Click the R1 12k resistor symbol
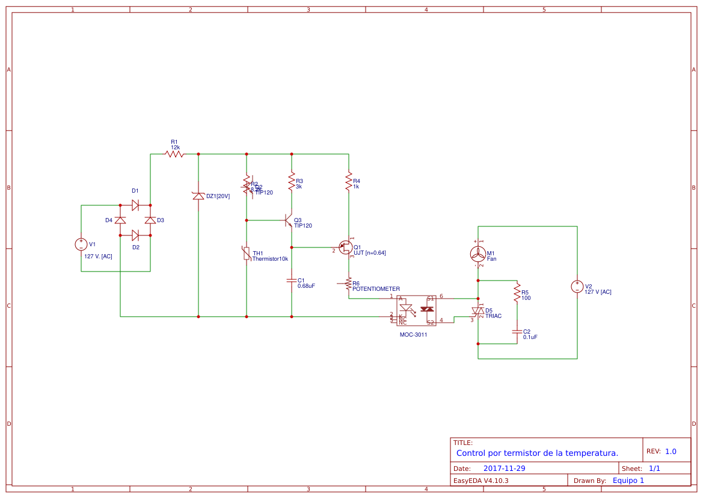(174, 154)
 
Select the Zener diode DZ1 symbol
(198, 196)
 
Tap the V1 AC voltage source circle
(81, 244)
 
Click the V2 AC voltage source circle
(577, 287)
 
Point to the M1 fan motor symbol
(478, 254)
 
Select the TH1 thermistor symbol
(247, 254)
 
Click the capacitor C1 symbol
(292, 281)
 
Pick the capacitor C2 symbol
(517, 331)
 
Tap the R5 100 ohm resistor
(517, 293)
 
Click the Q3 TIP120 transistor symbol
(289, 220)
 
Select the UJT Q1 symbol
(346, 247)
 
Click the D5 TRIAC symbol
(478, 311)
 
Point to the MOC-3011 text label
(413, 334)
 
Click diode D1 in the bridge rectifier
(135, 205)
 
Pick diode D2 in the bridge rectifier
(135, 235)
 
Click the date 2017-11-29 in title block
(504, 468)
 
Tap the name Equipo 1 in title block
(628, 480)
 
